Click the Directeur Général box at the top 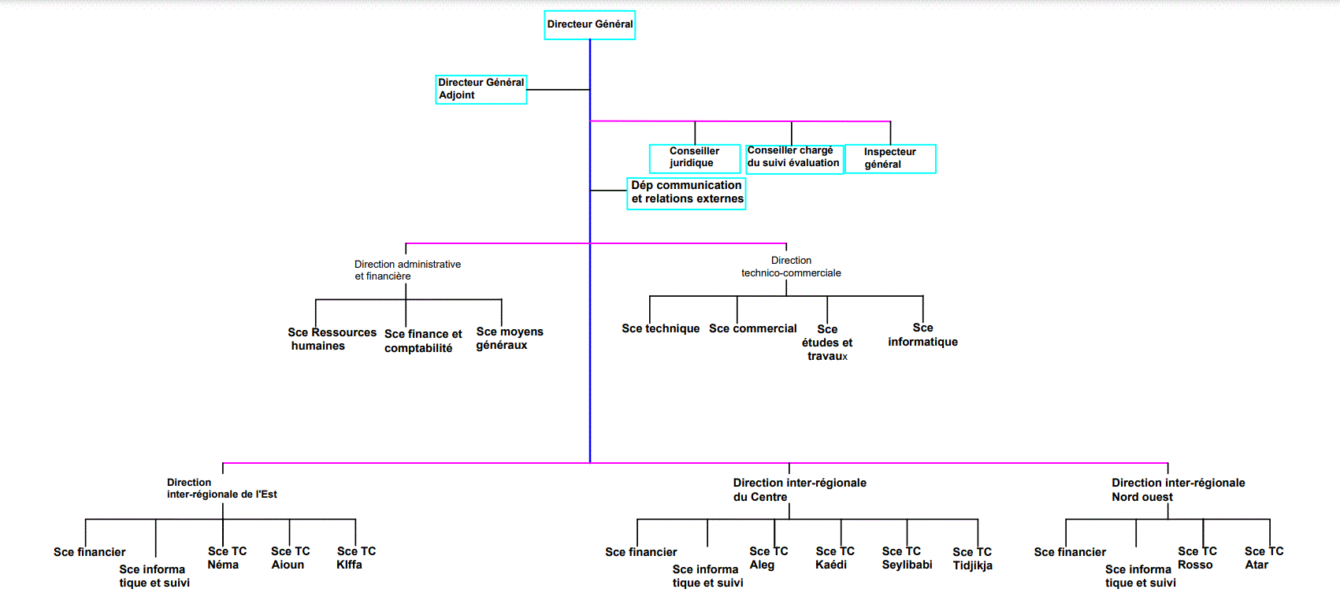tap(589, 24)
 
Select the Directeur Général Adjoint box tap(481, 89)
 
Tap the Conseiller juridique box tap(694, 157)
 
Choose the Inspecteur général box tap(889, 158)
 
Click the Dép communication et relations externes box tap(686, 192)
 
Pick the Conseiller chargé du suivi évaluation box tap(793, 157)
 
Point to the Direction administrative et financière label tap(407, 270)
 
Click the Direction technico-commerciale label tap(791, 267)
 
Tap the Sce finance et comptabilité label tap(423, 341)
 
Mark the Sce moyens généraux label tap(509, 339)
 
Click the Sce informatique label tap(922, 335)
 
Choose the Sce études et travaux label tap(827, 343)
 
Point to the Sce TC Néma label tap(227, 558)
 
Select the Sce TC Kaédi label tap(834, 558)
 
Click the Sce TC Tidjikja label tap(972, 558)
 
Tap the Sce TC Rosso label tap(1197, 558)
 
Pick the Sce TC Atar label tap(1264, 558)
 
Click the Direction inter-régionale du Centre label tap(799, 490)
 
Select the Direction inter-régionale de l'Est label tap(221, 488)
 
